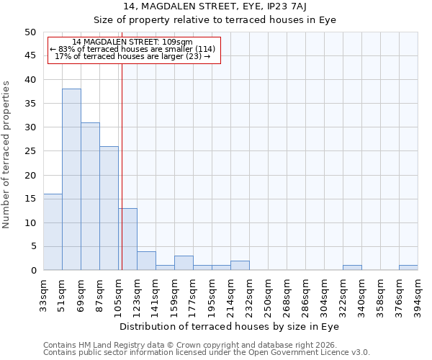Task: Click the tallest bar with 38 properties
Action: tap(71, 179)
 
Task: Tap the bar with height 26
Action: tap(109, 208)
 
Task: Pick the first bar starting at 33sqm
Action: tap(53, 232)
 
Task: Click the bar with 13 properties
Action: tap(128, 239)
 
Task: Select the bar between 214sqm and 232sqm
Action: tap(240, 266)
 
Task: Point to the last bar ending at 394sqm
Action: tap(408, 268)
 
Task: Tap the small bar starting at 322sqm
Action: tap(352, 268)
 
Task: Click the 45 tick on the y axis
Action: tap(30, 55)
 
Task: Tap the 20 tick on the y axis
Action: tap(30, 175)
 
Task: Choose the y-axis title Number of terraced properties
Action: tap(6, 154)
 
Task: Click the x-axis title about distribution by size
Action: tap(228, 326)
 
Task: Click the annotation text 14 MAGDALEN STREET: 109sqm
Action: tap(132, 42)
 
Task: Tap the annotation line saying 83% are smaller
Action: tap(132, 49)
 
